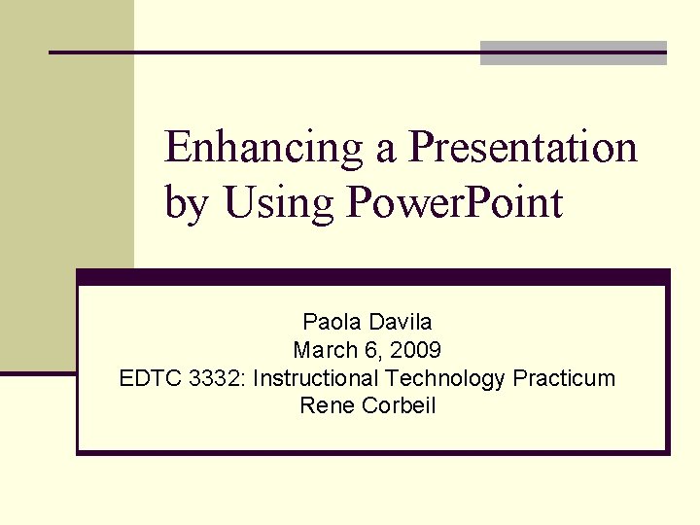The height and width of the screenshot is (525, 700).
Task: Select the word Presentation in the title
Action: pyautogui.click(x=523, y=148)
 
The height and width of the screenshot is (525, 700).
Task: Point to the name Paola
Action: pyautogui.click(x=329, y=322)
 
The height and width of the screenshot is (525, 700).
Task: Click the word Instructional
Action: pyautogui.click(x=316, y=378)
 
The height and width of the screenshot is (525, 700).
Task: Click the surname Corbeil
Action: pyautogui.click(x=400, y=406)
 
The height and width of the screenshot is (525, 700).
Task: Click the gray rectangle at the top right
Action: pyautogui.click(x=574, y=53)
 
